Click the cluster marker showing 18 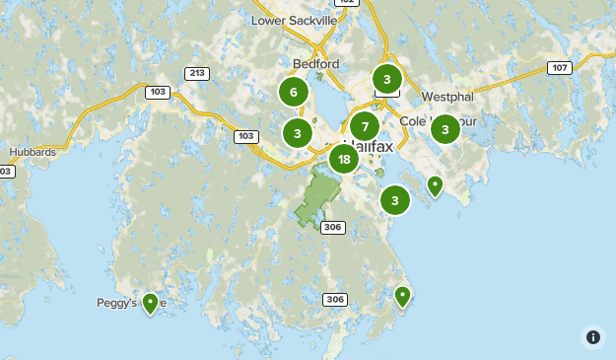coord(343,159)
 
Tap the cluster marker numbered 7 coord(365,126)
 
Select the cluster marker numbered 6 coord(292,92)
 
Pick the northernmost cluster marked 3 coord(387,79)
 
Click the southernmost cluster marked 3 coord(394,201)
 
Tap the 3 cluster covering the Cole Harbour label coord(445,128)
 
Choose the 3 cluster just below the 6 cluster coord(297,132)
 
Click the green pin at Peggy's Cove coord(150,302)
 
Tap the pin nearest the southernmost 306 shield coord(402,295)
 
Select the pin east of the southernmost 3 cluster coord(435,184)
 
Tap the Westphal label coord(448,97)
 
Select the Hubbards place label coord(33,152)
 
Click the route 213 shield coord(196,73)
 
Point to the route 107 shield coord(560,68)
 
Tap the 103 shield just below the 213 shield coord(158,92)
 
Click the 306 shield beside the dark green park coord(332,227)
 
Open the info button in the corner coord(592,337)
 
